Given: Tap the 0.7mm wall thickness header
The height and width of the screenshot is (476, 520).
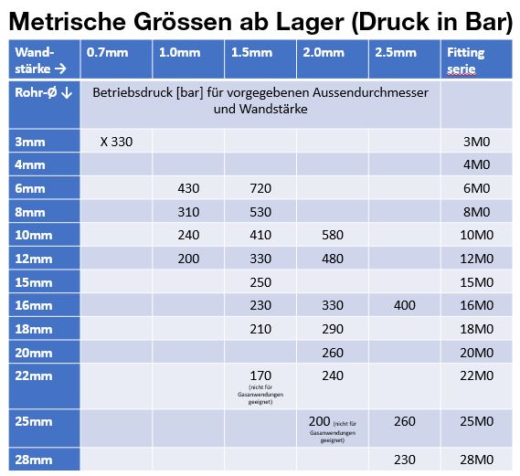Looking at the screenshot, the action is [101, 52].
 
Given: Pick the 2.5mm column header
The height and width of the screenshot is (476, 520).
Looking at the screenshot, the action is [395, 52].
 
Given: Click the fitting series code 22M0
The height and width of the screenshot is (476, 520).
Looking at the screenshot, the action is [476, 375].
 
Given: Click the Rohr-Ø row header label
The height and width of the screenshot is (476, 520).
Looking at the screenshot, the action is [38, 91].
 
